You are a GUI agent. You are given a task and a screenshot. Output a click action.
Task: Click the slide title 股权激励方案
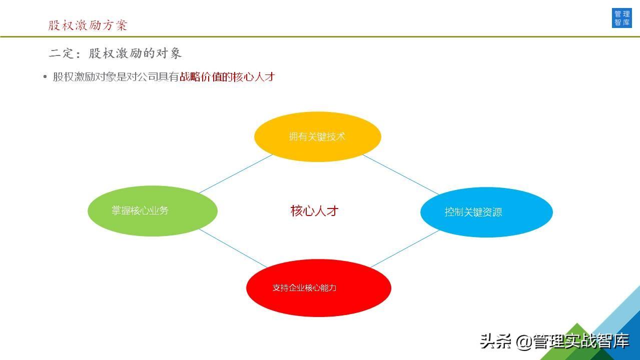point(88,25)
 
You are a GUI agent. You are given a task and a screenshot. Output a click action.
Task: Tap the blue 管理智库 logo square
point(621,18)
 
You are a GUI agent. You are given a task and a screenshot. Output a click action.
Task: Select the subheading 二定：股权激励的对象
point(115,53)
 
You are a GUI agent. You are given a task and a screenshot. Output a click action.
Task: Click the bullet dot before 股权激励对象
point(45,77)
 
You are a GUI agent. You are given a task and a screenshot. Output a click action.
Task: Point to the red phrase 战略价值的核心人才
point(227,77)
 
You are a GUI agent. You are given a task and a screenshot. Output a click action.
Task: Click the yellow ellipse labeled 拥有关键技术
point(317,136)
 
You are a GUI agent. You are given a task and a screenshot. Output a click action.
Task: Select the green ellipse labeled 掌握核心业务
point(153,211)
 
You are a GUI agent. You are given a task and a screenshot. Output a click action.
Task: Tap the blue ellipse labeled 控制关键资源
point(486,212)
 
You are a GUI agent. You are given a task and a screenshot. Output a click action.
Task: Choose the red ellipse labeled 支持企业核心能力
point(319,288)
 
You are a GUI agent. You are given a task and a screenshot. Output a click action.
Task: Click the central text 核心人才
point(314,211)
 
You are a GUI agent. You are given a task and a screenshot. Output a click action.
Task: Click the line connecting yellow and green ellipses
point(236,174)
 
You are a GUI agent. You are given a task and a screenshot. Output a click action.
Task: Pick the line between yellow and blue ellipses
point(401,174)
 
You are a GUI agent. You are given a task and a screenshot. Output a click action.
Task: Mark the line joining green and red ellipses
point(233,248)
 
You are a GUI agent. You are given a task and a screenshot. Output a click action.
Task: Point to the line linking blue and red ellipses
point(405,249)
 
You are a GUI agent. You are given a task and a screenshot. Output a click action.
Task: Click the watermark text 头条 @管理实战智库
point(554,341)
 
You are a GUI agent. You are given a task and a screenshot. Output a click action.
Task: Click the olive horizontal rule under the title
point(320,37)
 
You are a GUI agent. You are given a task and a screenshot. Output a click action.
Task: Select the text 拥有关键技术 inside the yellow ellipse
point(317,136)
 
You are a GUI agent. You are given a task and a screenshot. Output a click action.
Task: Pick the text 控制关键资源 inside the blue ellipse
point(473,212)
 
